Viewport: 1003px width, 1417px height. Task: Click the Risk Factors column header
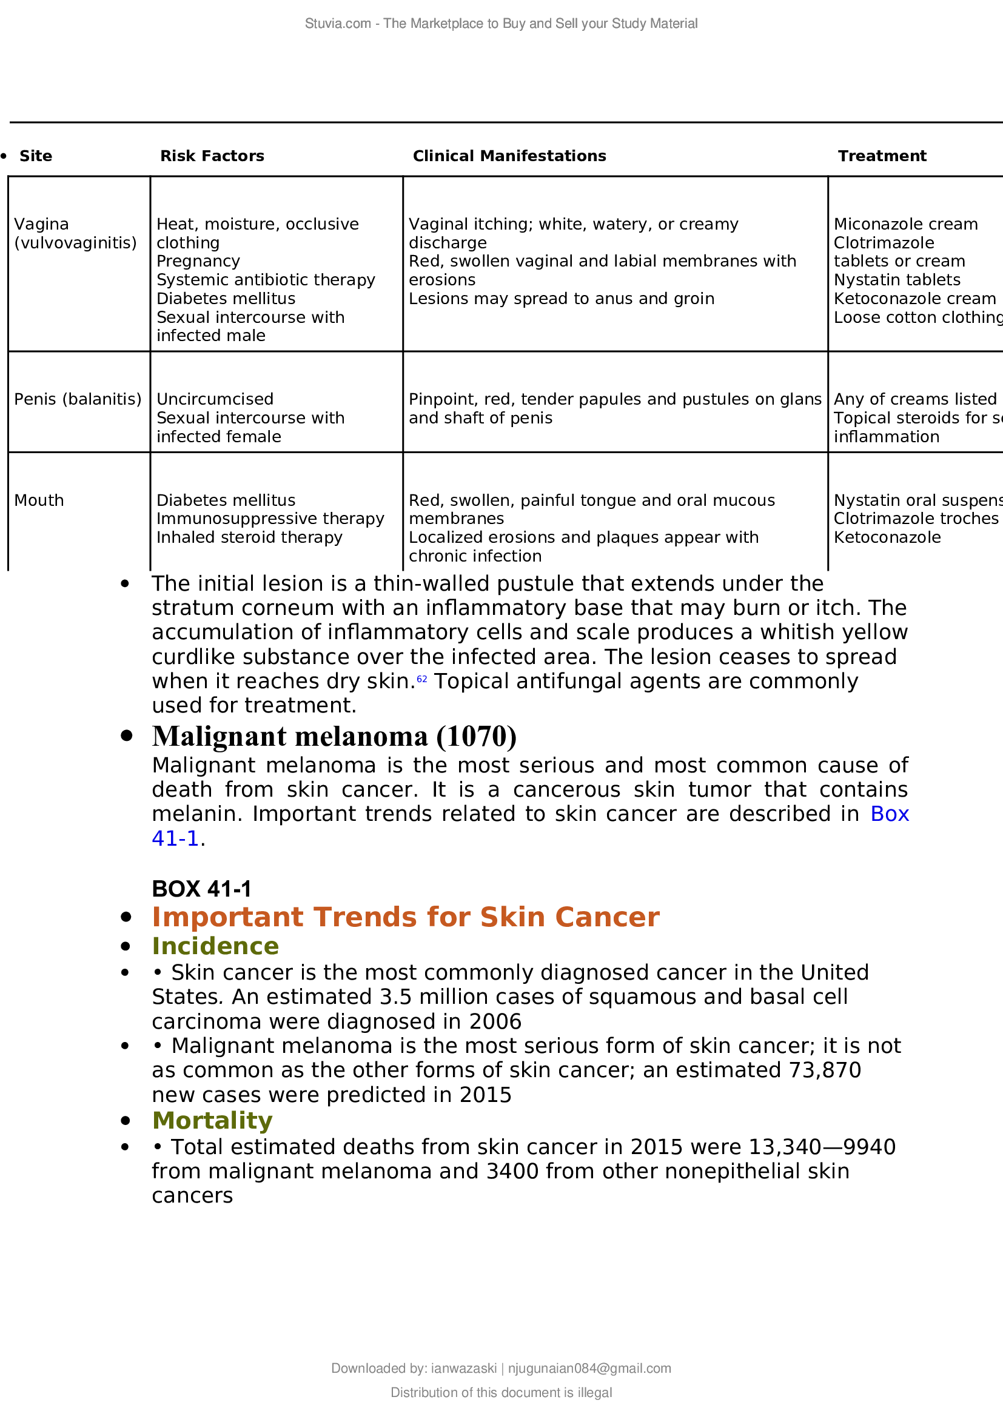click(212, 156)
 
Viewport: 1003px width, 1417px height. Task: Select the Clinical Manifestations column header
click(509, 156)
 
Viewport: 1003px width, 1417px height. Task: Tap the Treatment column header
click(881, 156)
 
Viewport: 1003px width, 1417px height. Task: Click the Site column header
click(36, 156)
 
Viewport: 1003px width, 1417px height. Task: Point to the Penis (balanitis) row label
click(78, 399)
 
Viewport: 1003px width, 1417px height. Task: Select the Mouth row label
click(39, 500)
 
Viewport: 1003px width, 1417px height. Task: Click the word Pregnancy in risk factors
click(198, 261)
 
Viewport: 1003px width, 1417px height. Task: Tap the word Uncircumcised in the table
click(214, 399)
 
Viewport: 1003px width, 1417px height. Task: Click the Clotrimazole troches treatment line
click(915, 519)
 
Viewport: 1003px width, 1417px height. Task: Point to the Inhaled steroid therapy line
click(249, 537)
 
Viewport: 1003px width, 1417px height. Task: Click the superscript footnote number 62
click(422, 679)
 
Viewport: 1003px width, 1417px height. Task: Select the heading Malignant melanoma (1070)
click(334, 736)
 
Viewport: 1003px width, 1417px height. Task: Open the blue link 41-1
click(175, 838)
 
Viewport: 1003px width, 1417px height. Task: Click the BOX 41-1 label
click(201, 889)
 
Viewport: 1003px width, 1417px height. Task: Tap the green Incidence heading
click(215, 946)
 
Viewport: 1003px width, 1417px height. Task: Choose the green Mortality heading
click(212, 1120)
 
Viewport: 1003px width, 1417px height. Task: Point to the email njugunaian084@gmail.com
click(589, 1369)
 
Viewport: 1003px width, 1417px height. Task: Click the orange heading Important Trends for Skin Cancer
click(406, 917)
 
